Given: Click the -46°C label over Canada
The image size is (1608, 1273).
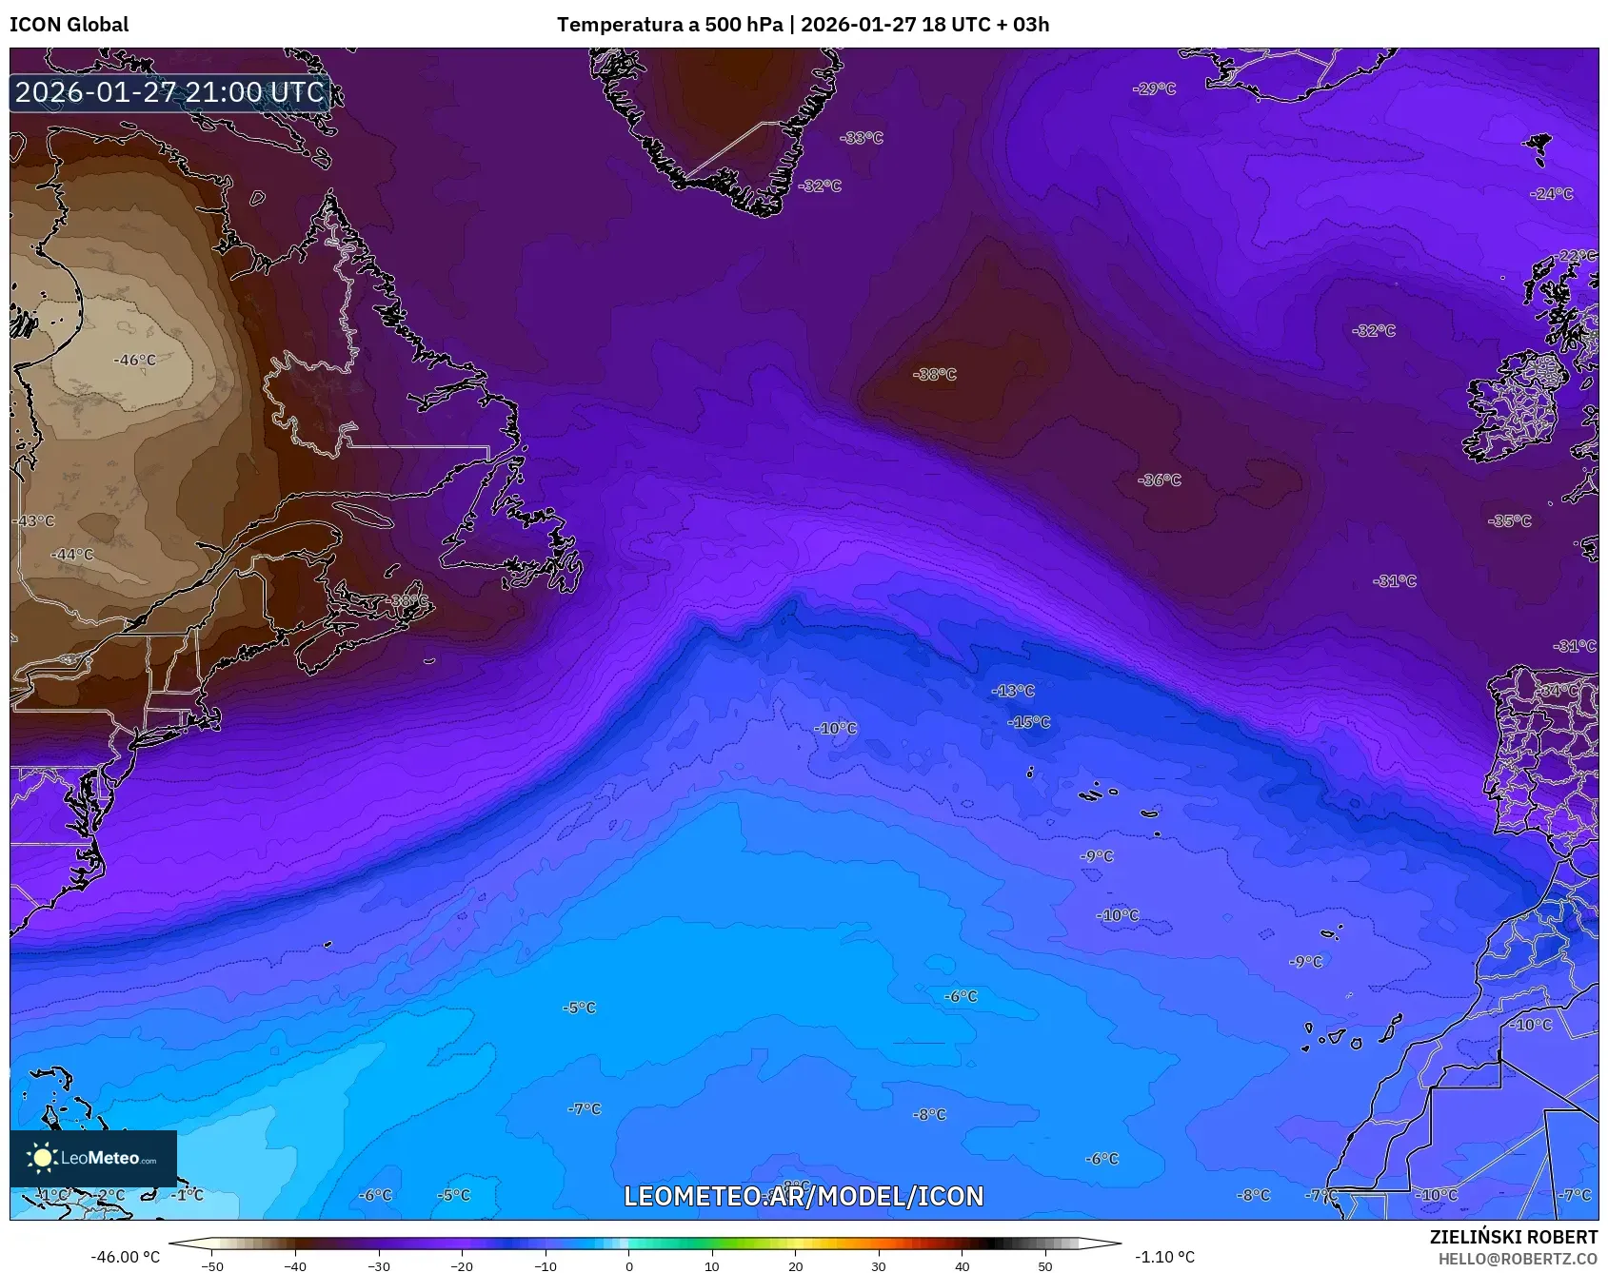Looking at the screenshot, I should click(135, 361).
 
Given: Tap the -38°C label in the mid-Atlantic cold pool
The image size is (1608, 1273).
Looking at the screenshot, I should click(934, 375).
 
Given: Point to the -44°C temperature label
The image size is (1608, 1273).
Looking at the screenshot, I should click(72, 555).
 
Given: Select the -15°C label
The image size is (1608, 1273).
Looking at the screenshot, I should click(1028, 722).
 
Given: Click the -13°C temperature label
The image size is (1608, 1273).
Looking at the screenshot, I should click(1012, 691).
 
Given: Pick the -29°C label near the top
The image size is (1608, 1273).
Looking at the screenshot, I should click(1154, 88).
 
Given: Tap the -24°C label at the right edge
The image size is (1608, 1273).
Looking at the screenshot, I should click(1552, 194).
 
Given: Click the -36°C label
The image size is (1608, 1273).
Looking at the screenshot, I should click(1160, 480).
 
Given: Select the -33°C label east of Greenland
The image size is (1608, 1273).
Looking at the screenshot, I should click(862, 138).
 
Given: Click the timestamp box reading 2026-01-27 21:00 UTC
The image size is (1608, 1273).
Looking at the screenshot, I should click(169, 92).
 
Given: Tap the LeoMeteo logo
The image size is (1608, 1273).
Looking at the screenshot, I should click(92, 1158).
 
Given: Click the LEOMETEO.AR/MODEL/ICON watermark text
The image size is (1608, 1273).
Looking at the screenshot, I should click(804, 1196).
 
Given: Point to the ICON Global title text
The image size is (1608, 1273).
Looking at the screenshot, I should click(69, 25).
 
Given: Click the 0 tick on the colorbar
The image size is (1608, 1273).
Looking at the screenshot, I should click(628, 1266).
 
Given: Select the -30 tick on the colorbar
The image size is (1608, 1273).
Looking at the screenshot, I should click(379, 1266).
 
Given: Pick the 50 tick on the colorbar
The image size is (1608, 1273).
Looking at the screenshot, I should click(1045, 1266).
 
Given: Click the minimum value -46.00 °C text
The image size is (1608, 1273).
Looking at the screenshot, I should click(125, 1257).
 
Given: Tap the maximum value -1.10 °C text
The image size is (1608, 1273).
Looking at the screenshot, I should click(1164, 1257).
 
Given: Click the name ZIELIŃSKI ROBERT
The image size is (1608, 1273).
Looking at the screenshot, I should click(1513, 1237).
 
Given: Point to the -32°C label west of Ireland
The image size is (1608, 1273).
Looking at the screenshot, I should click(1374, 331).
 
